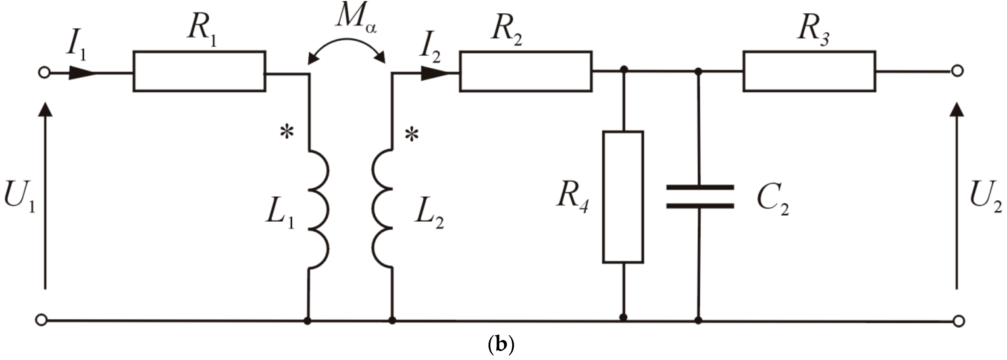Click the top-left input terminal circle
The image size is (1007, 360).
click(x=44, y=73)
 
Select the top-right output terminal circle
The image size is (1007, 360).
click(x=957, y=71)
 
